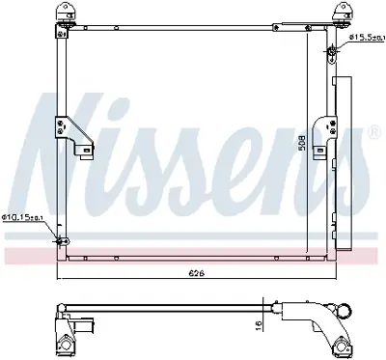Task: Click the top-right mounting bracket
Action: (340, 14)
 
